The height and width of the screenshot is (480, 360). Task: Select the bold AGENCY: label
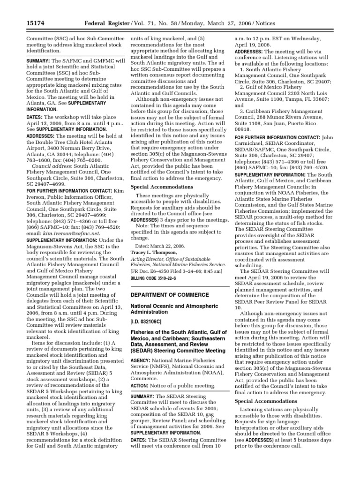tap(142, 361)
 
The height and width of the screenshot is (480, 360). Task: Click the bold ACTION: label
tap(142, 386)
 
